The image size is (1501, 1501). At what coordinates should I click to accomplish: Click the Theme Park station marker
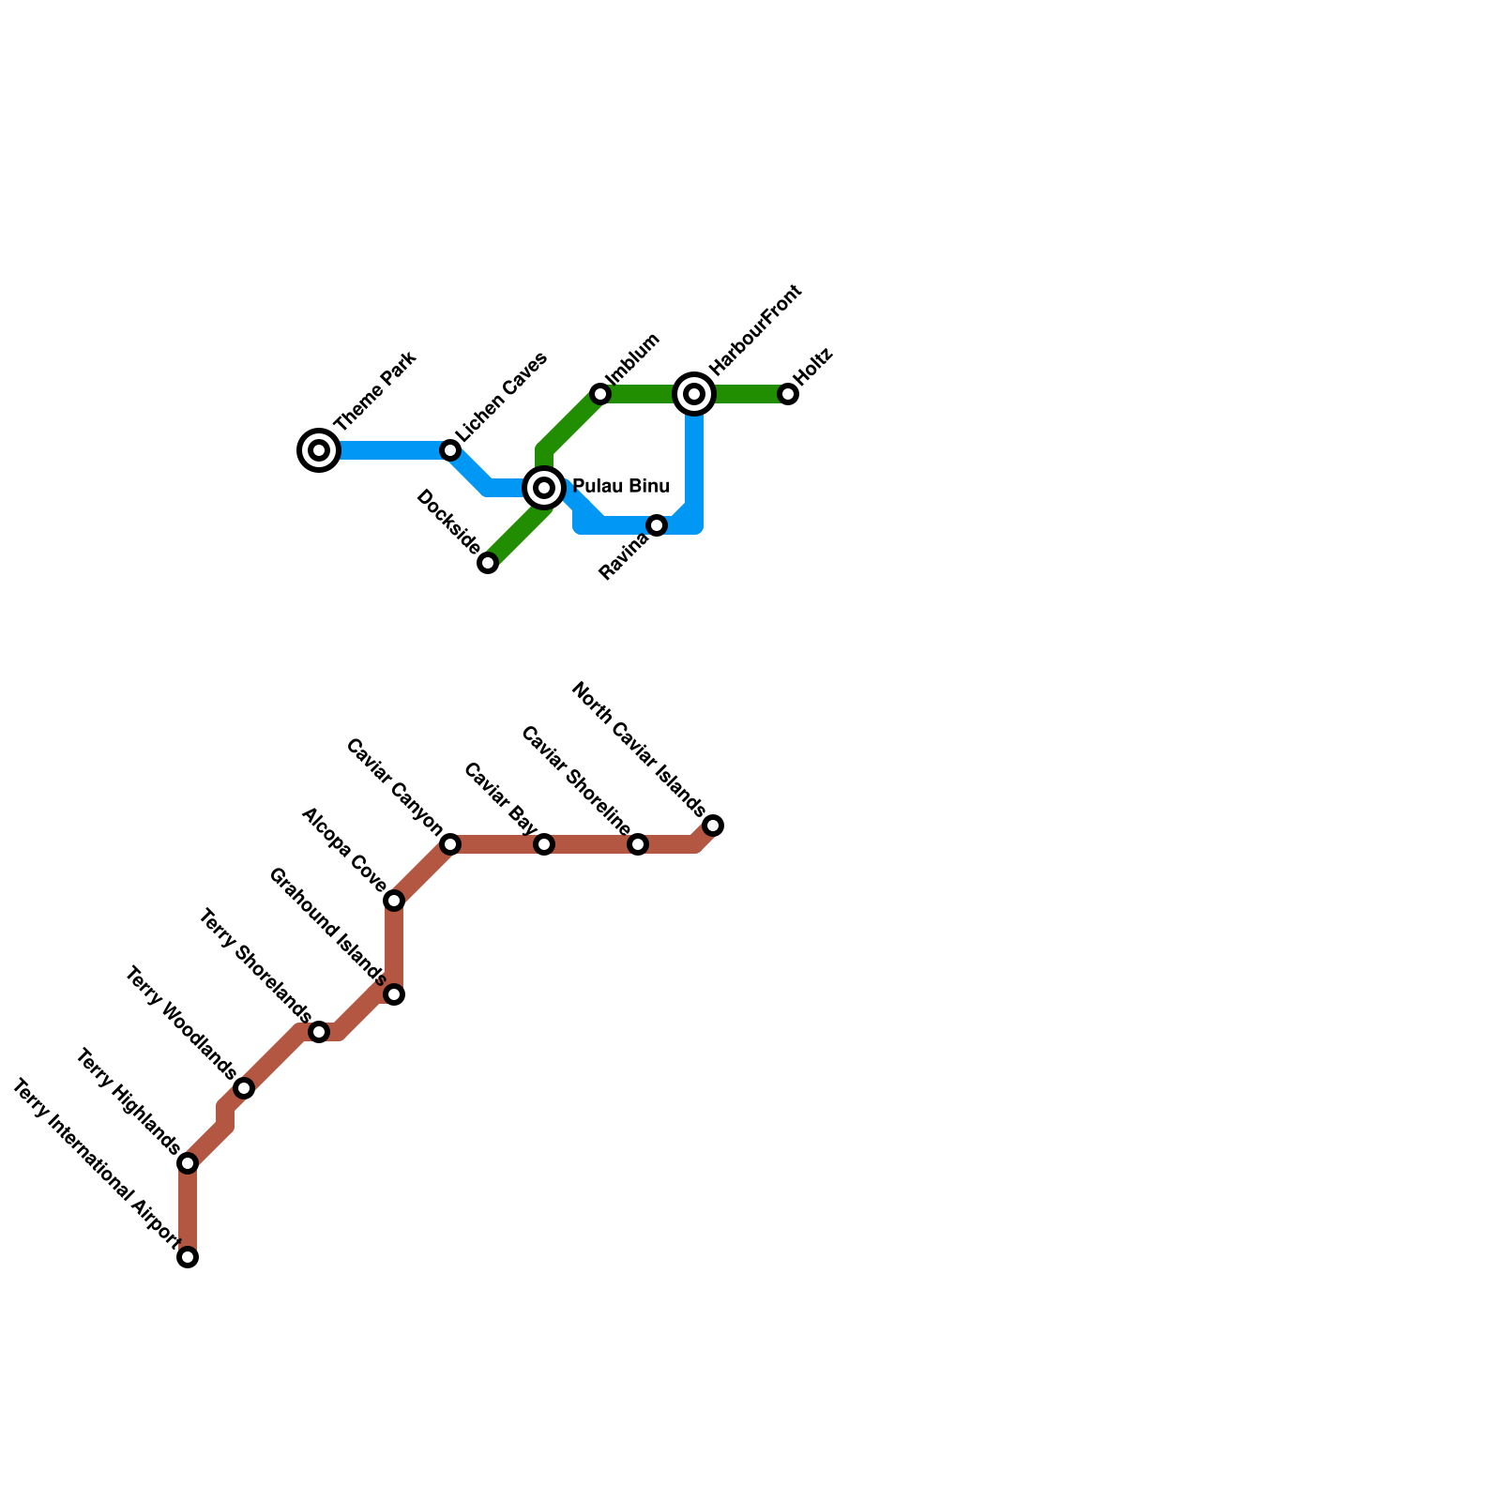(319, 450)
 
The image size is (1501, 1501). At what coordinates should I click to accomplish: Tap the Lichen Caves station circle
(450, 450)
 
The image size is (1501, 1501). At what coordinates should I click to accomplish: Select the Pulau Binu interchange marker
(544, 488)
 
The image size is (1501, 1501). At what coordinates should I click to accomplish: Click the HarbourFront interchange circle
(694, 394)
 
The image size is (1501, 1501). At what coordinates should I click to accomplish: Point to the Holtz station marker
(788, 394)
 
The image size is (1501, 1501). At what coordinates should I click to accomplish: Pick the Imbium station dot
(600, 394)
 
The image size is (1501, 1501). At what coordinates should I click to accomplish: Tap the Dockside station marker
(488, 563)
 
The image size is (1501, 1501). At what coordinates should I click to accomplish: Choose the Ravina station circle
(657, 525)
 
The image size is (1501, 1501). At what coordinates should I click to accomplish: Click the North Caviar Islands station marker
(713, 826)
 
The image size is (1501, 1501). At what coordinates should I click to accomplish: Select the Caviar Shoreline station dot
(638, 844)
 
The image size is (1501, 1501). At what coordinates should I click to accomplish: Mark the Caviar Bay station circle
(544, 844)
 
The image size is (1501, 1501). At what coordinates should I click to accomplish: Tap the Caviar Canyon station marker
(450, 844)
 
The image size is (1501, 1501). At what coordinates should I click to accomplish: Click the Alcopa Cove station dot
(394, 901)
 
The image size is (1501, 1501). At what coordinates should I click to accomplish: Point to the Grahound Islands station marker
(394, 994)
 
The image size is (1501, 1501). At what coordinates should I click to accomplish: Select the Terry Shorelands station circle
(319, 1032)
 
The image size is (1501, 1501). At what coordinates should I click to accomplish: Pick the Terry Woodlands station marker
(244, 1088)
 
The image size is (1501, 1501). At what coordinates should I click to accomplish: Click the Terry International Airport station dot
(188, 1257)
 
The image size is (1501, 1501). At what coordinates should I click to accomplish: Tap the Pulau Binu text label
(621, 486)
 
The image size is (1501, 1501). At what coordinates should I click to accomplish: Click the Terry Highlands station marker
(188, 1163)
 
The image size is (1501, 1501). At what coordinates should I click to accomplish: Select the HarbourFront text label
(755, 330)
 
